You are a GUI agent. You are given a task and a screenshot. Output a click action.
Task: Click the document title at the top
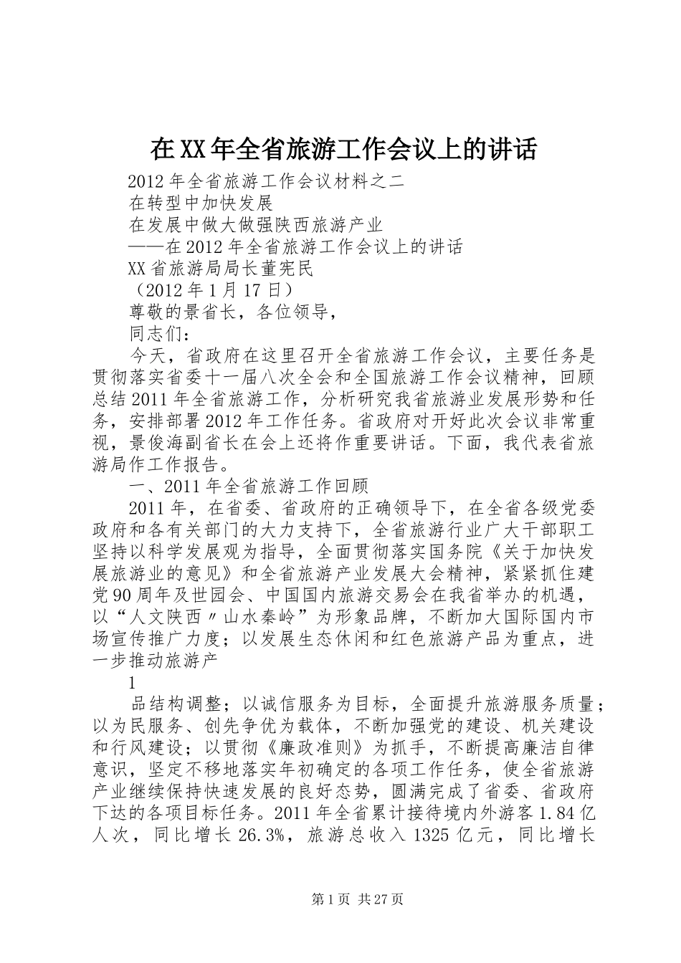point(343,149)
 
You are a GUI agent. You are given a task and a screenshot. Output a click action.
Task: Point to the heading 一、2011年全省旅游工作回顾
point(248,487)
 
